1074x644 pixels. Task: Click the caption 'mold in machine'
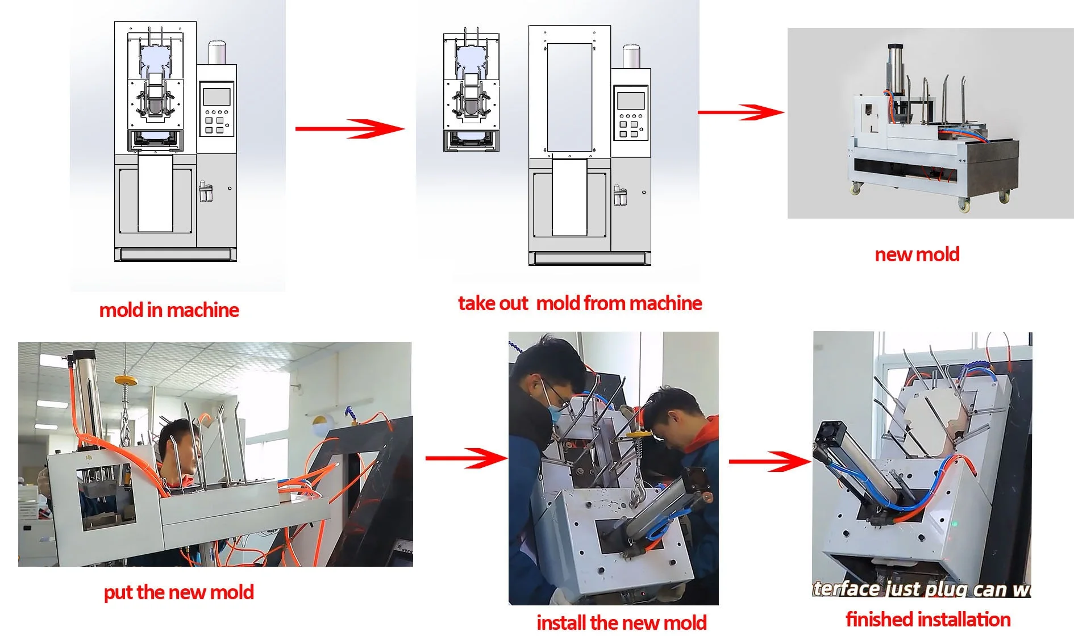tap(169, 310)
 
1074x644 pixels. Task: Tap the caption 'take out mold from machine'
tap(580, 303)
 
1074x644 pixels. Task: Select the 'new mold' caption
tap(917, 254)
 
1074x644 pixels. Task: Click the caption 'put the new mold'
tap(178, 592)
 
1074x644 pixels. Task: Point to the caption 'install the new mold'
tap(621, 623)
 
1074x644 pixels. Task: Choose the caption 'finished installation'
tap(928, 619)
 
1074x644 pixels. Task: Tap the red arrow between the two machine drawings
tap(349, 128)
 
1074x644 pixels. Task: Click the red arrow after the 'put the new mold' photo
tap(466, 458)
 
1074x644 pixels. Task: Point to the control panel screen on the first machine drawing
tap(217, 96)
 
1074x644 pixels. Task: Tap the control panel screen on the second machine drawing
tap(631, 101)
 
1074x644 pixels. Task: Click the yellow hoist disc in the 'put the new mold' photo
tap(126, 380)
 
